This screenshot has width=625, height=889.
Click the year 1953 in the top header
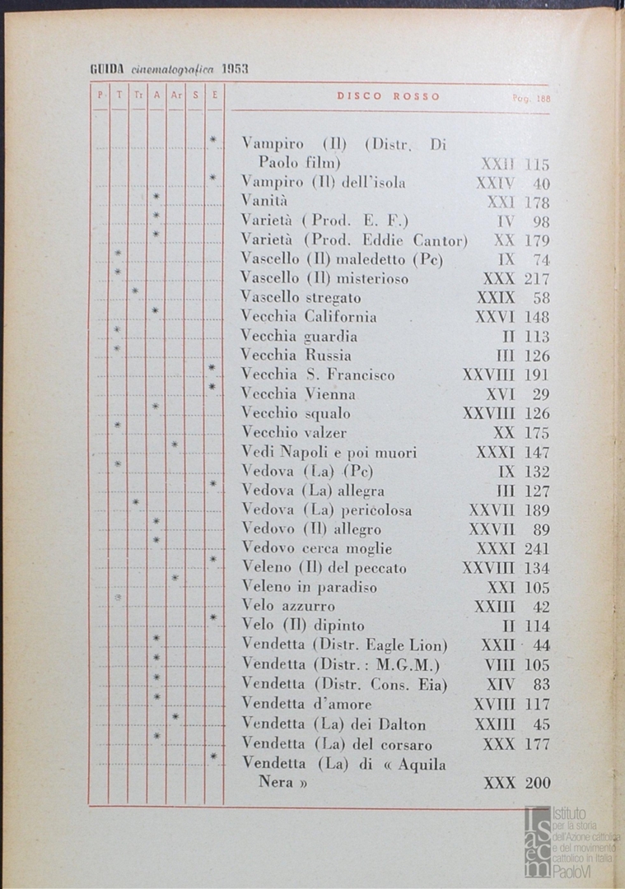[x=235, y=69]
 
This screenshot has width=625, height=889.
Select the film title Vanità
[x=263, y=201]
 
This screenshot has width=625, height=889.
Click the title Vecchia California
[x=309, y=317]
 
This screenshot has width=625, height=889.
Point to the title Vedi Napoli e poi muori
[x=329, y=453]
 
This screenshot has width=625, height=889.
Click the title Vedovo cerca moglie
[x=316, y=549]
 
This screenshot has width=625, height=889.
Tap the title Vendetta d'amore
[x=306, y=704]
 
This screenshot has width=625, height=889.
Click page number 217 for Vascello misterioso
[x=537, y=279]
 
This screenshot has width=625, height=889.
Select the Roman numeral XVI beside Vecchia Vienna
[x=501, y=394]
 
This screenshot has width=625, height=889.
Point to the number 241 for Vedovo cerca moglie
[x=537, y=549]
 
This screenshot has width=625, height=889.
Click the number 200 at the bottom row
[x=537, y=783]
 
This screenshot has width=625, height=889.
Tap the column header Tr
[x=138, y=95]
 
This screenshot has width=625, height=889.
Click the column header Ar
[x=175, y=95]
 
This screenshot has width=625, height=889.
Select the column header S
[x=195, y=95]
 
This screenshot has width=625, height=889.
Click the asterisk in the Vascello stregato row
[x=135, y=291]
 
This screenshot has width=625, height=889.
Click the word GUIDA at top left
[x=106, y=69]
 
